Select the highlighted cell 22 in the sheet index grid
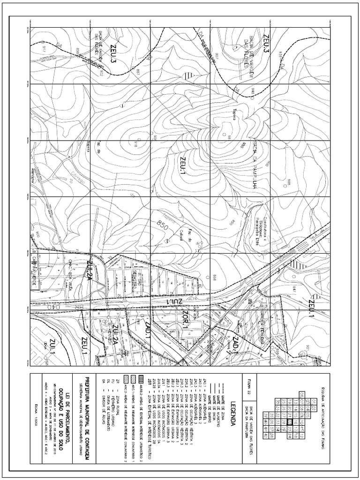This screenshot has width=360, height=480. pyautogui.click(x=290, y=408)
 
